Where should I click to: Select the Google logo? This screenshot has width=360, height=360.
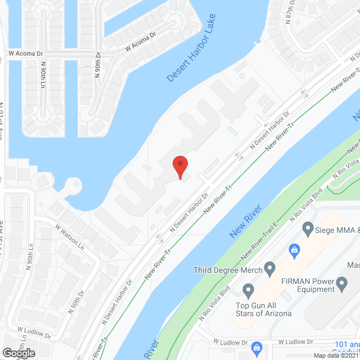point(18,353)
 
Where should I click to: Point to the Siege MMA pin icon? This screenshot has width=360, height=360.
point(308,229)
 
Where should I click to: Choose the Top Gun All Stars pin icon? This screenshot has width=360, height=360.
point(247,291)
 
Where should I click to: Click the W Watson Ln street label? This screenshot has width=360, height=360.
point(69,238)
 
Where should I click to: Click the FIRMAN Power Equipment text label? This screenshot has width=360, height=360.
point(308,285)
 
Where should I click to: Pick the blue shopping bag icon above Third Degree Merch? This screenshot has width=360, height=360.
point(293,249)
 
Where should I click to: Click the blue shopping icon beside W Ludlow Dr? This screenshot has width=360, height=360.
point(257,346)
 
